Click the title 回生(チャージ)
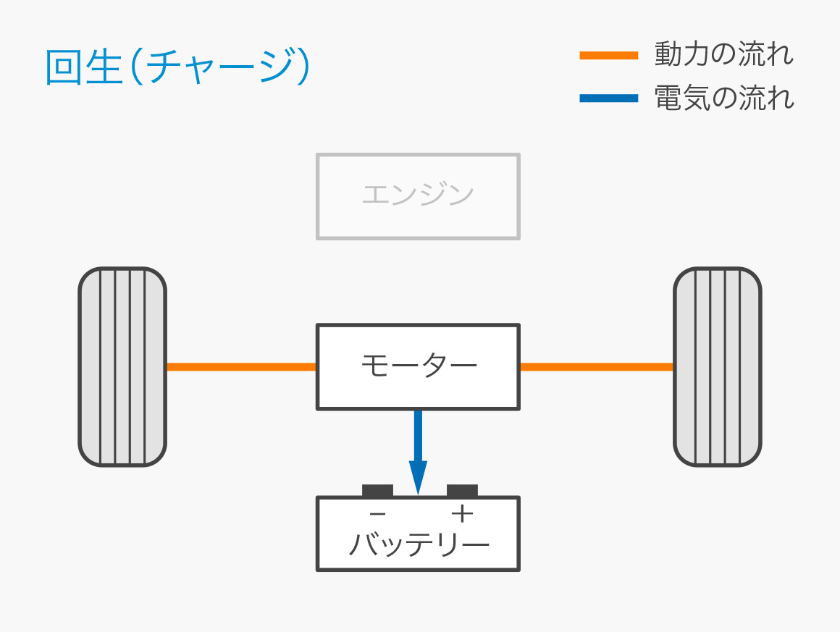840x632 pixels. pos(177,68)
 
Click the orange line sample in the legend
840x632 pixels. pos(608,55)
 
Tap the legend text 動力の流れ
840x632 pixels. pos(723,54)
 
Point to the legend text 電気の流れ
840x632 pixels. pos(723,98)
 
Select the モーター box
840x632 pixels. pos(418,366)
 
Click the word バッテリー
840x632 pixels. pos(419,544)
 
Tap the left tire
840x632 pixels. pos(122,366)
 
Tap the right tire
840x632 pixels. pos(717,366)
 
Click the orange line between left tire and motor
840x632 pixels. pos(241,366)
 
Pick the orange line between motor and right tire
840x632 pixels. pos(596,366)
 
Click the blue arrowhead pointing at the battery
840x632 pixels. pos(418,478)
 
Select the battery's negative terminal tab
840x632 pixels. pos(377,490)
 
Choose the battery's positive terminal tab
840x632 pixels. pos(462,490)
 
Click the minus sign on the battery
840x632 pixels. pos(377,514)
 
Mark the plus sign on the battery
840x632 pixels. pos(462,514)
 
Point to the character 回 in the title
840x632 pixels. pos(63,68)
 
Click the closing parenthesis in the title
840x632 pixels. pos(303,68)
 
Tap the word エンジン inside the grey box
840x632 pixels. pos(418,194)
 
